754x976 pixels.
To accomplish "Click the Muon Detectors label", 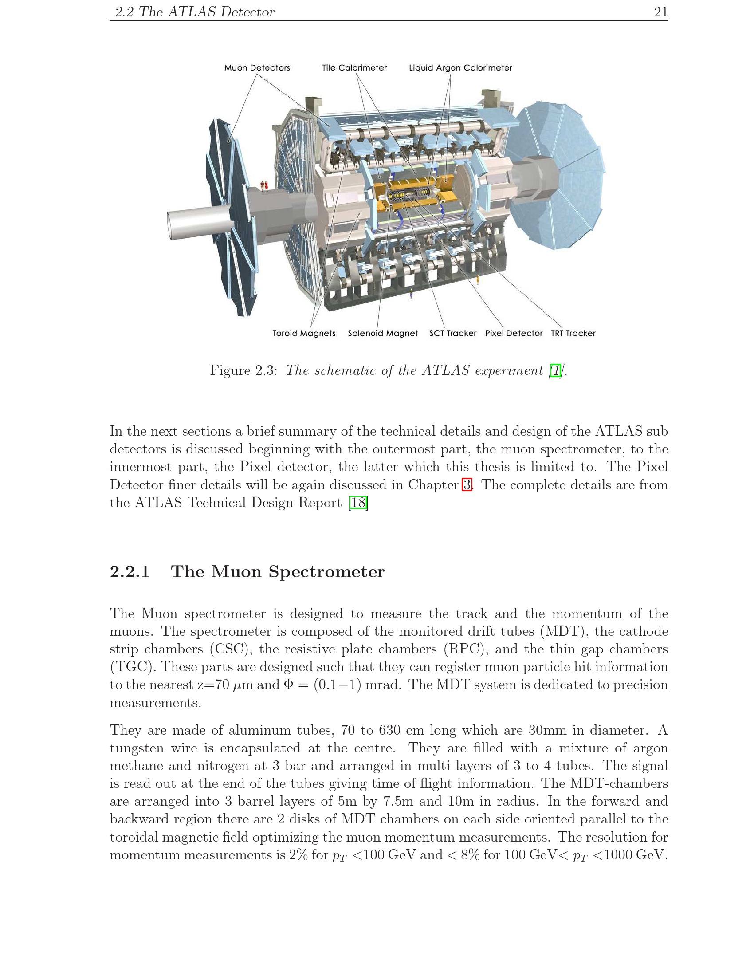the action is pos(257,68).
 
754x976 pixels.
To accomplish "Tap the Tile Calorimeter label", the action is pos(354,68).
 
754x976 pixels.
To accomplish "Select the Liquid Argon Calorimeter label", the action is pos(460,68).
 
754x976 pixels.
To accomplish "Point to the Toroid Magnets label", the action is pos(304,333).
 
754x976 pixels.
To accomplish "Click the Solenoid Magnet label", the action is pos(383,333).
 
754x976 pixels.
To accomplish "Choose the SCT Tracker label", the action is pos(452,333).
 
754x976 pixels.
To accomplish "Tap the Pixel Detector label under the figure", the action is pos(514,333).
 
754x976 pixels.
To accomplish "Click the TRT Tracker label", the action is pos(573,333).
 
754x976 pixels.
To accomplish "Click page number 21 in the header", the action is pos(661,12).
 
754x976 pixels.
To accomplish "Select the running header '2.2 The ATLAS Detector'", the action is pos(195,12).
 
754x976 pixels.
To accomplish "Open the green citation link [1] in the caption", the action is pos(556,370).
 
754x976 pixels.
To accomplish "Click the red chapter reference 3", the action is pos(467,485).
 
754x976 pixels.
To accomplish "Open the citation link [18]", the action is pos(358,503).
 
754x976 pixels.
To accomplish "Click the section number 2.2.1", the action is pos(130,571).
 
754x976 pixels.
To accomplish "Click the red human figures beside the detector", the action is pos(264,186).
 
